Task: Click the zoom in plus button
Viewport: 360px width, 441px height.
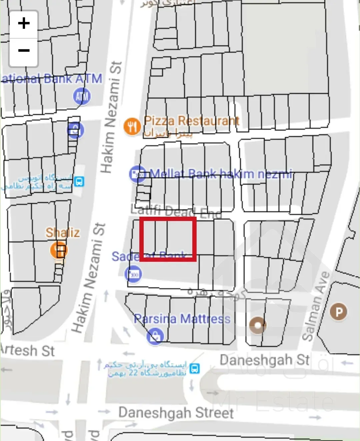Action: tap(24, 24)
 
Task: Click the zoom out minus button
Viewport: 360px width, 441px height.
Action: tap(24, 51)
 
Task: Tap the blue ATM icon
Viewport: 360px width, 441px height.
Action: tap(82, 96)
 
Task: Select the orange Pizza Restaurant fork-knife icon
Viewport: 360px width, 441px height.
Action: tap(132, 127)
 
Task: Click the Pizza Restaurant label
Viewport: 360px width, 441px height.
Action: tap(192, 121)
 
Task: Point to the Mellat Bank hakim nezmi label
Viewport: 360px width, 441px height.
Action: tap(221, 174)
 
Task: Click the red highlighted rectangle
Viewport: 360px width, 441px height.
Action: tap(168, 239)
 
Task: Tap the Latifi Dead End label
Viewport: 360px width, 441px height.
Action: tap(176, 211)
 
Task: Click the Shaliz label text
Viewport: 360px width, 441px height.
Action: tap(63, 232)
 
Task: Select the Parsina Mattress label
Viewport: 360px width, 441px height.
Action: tap(182, 319)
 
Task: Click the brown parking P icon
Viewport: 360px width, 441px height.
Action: tap(338, 312)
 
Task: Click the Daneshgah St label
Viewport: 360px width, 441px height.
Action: tap(265, 360)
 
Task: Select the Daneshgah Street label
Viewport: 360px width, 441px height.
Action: tap(176, 413)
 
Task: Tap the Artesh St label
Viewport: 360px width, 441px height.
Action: tap(27, 350)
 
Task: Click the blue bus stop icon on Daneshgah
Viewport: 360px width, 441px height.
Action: tap(195, 369)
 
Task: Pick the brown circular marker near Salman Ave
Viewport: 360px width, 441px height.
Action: tap(258, 325)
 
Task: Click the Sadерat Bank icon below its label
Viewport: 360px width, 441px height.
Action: tap(133, 274)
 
